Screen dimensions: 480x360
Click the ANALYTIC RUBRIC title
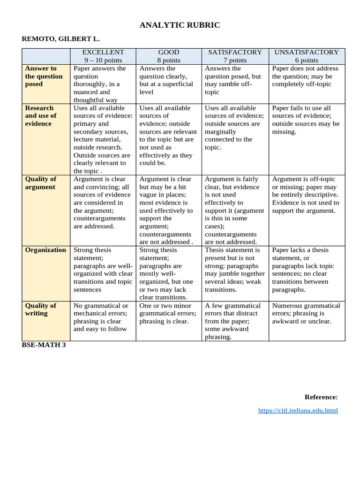[180, 25]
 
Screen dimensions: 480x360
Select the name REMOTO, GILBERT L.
[61, 40]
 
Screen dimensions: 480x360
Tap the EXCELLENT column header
[103, 52]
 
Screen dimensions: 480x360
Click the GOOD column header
[169, 52]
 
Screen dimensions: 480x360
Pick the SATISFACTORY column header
[235, 52]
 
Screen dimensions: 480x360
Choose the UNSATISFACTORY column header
[307, 52]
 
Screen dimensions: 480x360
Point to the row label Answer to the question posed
[44, 76]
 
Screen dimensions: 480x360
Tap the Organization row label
[45, 250]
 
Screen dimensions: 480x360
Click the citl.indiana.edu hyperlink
[298, 411]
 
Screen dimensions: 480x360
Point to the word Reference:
[321, 397]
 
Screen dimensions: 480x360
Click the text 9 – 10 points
[103, 60]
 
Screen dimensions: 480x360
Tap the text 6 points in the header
[307, 60]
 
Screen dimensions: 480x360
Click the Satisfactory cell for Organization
[234, 270]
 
